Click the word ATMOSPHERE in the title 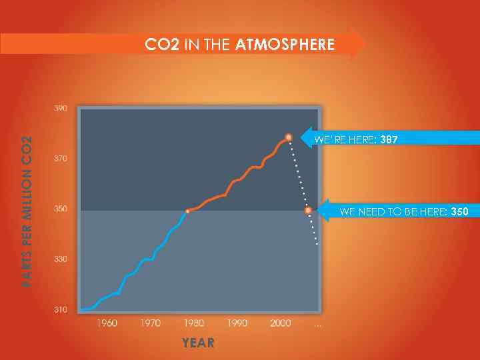click(x=285, y=45)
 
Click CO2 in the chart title click(x=163, y=45)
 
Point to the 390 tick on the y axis click(x=60, y=108)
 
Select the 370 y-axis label click(x=60, y=159)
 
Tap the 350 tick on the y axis click(x=60, y=209)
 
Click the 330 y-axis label click(x=60, y=259)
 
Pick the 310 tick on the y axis click(x=60, y=309)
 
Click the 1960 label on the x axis click(x=107, y=323)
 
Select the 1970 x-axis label click(x=150, y=323)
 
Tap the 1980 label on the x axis click(x=194, y=323)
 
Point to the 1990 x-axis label click(x=237, y=323)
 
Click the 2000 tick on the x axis click(x=281, y=323)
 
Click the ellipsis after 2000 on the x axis click(x=318, y=324)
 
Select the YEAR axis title click(x=199, y=343)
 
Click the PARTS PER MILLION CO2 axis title click(x=27, y=210)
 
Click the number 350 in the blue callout click(x=459, y=212)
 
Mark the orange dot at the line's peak click(x=289, y=137)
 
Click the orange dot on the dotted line click(x=308, y=210)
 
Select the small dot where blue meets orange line click(x=187, y=211)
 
